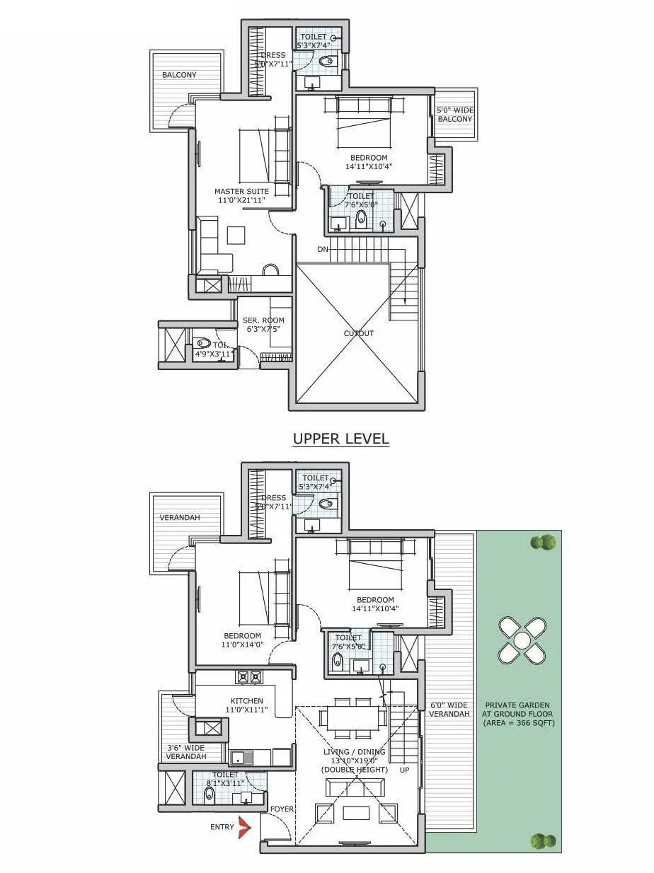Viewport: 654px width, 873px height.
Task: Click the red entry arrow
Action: point(245,827)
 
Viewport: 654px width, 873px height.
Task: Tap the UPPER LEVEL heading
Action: point(341,439)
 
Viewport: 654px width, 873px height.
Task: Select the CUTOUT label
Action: point(359,333)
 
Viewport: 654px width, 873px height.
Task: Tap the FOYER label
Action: point(282,809)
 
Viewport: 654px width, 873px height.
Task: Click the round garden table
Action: point(522,640)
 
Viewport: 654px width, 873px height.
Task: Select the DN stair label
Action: point(322,249)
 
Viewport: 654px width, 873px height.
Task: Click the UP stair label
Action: point(405,769)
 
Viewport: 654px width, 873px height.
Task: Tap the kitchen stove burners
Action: point(249,676)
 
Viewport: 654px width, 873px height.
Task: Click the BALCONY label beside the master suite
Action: point(179,75)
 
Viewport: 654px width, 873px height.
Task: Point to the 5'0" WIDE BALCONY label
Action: point(454,115)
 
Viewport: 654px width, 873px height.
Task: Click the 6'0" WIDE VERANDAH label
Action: point(449,710)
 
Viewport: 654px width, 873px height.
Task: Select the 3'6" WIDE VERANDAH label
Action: point(185,752)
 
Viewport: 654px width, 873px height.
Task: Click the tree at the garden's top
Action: point(544,543)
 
